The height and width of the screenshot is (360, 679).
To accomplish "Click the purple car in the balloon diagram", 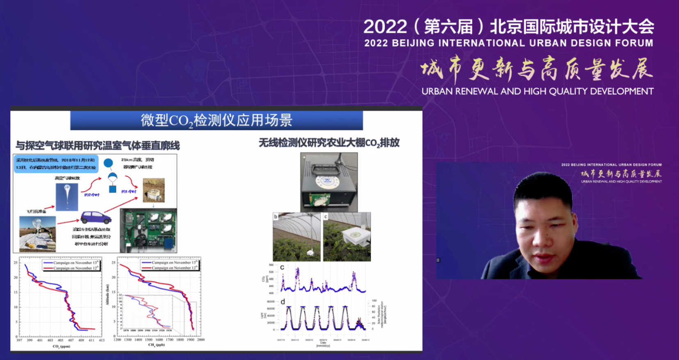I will click(x=95, y=217).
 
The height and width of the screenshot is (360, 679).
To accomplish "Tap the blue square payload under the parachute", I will click(x=112, y=189).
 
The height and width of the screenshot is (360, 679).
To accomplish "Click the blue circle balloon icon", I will click(x=108, y=163).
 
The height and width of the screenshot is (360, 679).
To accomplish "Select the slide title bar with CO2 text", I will click(x=216, y=120).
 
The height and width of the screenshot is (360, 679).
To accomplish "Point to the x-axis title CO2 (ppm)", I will click(x=61, y=346).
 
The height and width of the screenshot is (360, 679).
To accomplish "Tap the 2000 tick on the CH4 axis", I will click(x=200, y=340).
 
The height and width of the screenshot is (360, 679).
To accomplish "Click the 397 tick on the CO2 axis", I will click(x=19, y=340).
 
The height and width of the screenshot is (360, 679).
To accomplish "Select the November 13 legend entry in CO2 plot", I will click(x=71, y=263).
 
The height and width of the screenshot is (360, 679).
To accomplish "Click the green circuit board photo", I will click(x=148, y=230).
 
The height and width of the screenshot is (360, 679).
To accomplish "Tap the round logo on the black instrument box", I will click(x=328, y=181).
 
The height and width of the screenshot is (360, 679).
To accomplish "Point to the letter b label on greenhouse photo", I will click(x=276, y=216).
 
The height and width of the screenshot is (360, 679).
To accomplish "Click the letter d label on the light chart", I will click(x=282, y=302).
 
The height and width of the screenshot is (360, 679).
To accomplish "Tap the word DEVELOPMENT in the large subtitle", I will click(x=621, y=92).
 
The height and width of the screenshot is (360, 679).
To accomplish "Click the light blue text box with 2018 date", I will click(x=56, y=163).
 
